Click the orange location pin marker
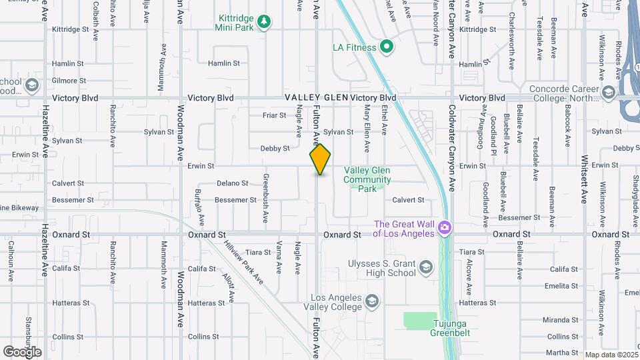pos(321,159)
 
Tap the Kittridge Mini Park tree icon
pos(265,22)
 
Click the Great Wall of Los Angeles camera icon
pos(444,229)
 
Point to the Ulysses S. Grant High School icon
pos(425,268)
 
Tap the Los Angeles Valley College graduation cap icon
pos(371,302)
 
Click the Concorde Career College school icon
pos(608,92)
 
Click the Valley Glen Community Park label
pos(367,179)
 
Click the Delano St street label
pos(232,183)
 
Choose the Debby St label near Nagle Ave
pos(275,149)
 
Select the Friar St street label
pos(274,115)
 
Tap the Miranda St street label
pos(560,320)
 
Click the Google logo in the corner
pos(22,352)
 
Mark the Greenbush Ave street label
pos(265,197)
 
